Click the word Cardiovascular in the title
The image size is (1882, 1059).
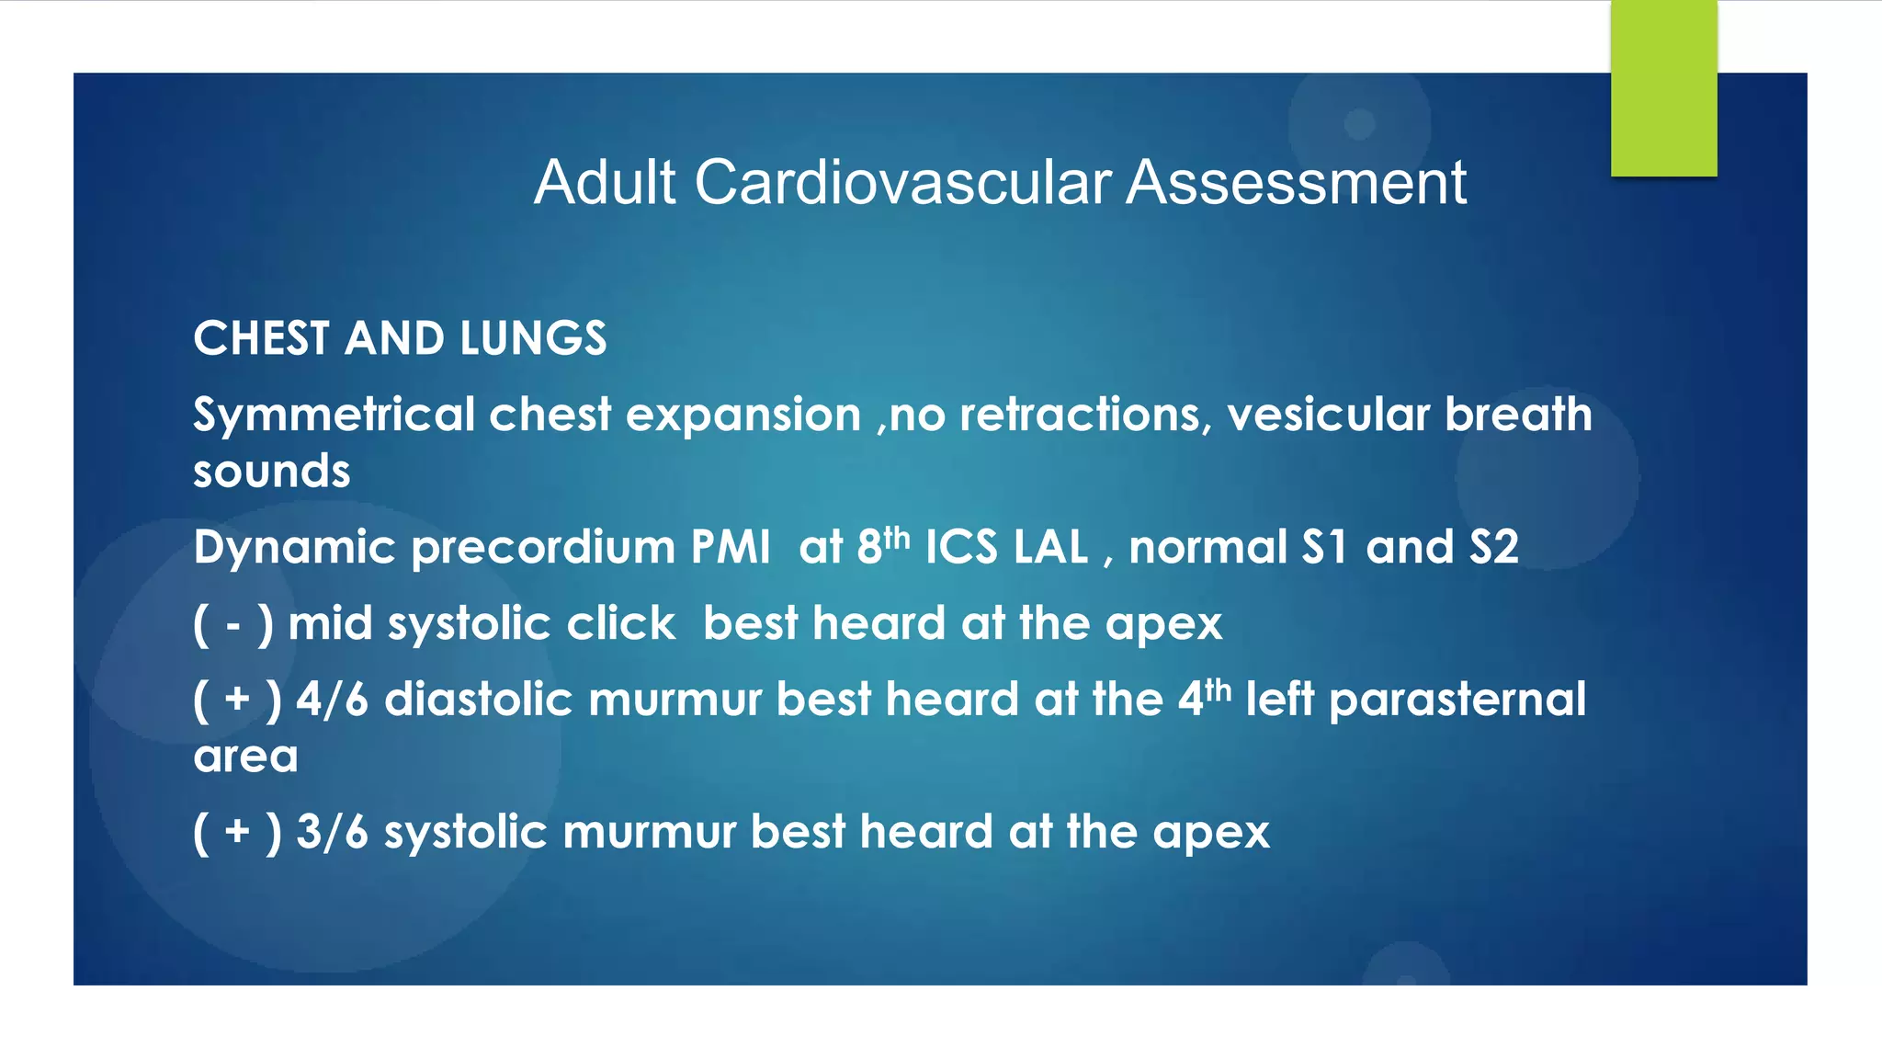tap(902, 182)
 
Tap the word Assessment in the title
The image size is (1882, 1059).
tap(1296, 182)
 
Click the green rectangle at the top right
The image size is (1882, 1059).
tap(1663, 88)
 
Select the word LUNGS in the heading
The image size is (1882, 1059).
tap(533, 338)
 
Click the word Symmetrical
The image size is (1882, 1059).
tap(333, 416)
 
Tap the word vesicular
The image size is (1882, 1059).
tap(1328, 416)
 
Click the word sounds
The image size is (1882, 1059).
tap(272, 472)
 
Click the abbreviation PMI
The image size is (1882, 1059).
tap(731, 548)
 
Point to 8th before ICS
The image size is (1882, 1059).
tap(882, 546)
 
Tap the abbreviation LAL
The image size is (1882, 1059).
tap(1051, 548)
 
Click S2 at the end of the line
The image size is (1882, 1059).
tap(1493, 548)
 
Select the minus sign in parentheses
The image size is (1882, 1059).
tap(233, 625)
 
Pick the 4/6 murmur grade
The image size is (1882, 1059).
tap(332, 700)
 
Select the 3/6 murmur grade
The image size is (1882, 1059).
tap(332, 833)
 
